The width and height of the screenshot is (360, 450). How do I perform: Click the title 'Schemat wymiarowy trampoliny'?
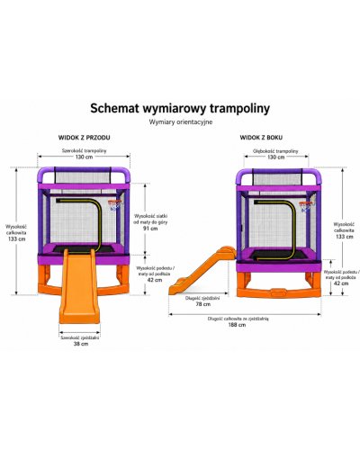point(180,109)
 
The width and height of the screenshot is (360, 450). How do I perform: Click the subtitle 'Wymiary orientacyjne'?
point(181,122)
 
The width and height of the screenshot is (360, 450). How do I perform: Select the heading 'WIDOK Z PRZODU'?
point(84,138)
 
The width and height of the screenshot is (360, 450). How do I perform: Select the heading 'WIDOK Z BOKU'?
point(261,138)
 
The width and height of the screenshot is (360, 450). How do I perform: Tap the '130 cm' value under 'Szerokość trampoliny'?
point(84,157)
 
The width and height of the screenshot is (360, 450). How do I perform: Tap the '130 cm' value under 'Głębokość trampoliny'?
point(276,157)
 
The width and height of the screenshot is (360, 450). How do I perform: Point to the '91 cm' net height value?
point(150,229)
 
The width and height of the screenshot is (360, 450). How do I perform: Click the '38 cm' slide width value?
point(81,344)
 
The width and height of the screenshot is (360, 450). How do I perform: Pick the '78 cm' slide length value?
point(203,304)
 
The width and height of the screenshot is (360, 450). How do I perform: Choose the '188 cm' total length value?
point(237,325)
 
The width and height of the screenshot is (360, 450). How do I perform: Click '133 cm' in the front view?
point(17,239)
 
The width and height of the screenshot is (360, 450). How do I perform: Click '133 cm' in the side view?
point(345,237)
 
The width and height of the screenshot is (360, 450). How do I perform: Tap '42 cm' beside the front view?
point(155,280)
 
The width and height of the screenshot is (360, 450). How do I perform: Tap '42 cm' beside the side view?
point(341,283)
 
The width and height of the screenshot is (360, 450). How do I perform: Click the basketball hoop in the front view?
point(115,204)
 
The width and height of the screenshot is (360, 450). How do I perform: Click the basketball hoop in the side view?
point(306,206)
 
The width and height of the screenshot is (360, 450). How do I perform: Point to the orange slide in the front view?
point(79,288)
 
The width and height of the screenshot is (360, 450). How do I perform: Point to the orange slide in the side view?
point(202,271)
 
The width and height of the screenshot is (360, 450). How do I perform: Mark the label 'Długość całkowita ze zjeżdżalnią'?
point(238,319)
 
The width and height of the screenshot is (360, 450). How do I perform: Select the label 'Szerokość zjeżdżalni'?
point(80,337)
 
